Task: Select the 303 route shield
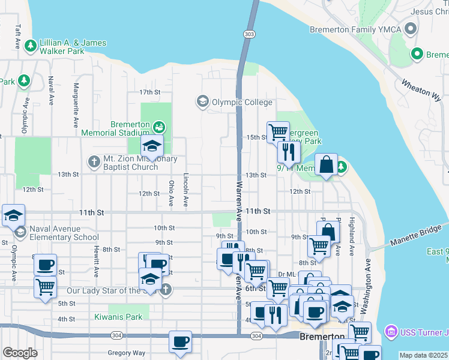pyautogui.click(x=249, y=35)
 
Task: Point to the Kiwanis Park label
pyautogui.click(x=118, y=317)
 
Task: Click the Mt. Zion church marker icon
pyautogui.click(x=94, y=161)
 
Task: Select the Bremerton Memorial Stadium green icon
pyautogui.click(x=158, y=127)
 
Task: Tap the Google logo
pyautogui.click(x=20, y=353)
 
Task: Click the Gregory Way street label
pyautogui.click(x=126, y=353)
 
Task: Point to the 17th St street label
pyautogui.click(x=150, y=92)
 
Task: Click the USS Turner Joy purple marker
pyautogui.click(x=391, y=331)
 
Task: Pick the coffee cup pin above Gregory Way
pyautogui.click(x=180, y=342)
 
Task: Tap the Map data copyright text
pyautogui.click(x=424, y=355)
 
